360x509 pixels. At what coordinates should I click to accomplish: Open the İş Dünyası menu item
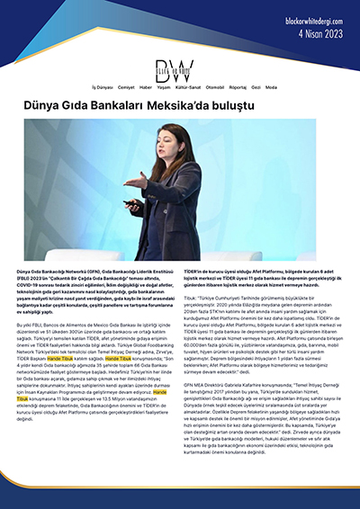coord(104,87)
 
